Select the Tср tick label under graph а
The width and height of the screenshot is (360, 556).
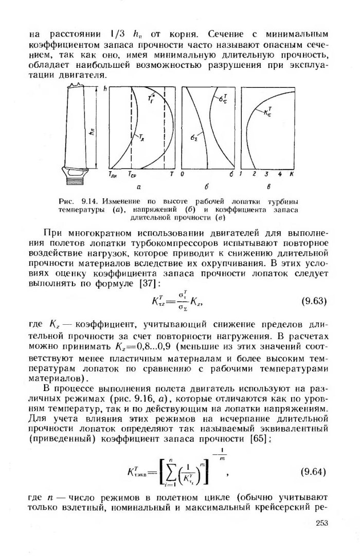pyautogui.click(x=132, y=175)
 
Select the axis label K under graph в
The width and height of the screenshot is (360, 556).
pyautogui.click(x=292, y=175)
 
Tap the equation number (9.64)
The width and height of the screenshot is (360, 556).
pyautogui.click(x=314, y=471)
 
